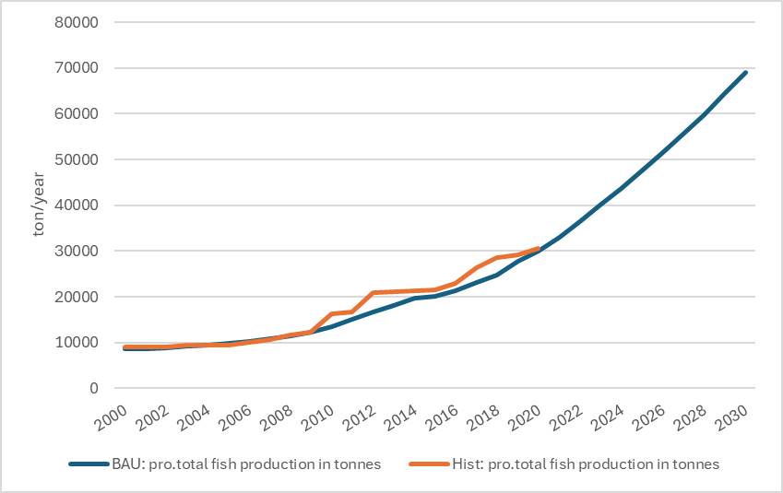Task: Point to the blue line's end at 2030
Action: pos(745,72)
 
